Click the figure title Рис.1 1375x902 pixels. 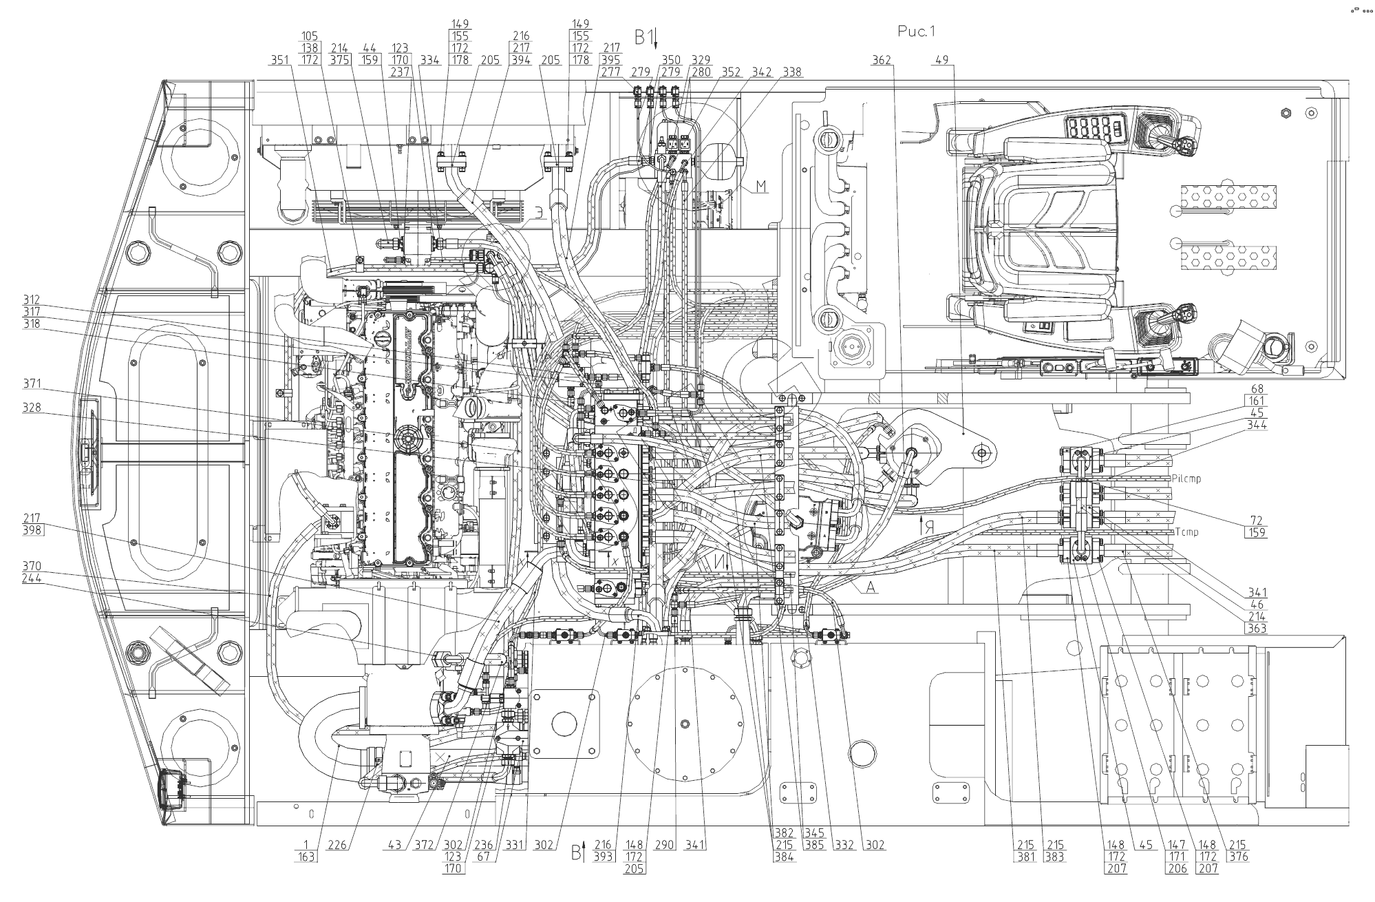coord(916,31)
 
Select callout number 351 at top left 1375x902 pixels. coord(279,61)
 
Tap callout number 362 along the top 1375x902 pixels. coord(882,61)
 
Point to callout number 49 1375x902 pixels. coord(942,61)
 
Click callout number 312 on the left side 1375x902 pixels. coord(32,300)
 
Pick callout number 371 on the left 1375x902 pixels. coord(32,384)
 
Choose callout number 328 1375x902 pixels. coord(32,408)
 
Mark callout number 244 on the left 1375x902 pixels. coord(32,578)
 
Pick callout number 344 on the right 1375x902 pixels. coord(1257,425)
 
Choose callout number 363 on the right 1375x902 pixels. coord(1257,629)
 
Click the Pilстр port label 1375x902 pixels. coord(1185,479)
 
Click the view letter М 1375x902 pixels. coord(760,187)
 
